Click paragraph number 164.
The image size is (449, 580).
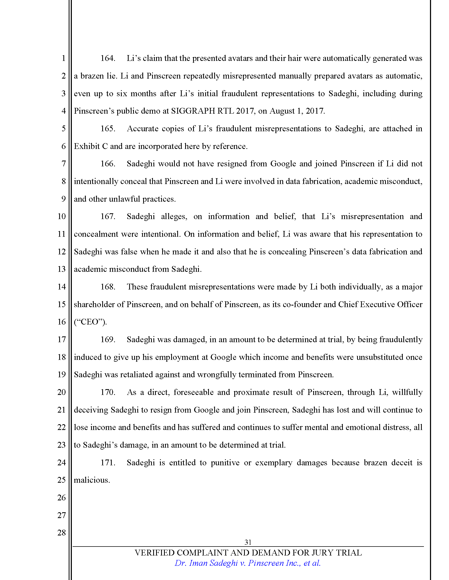pos(107,58)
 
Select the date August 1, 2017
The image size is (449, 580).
pos(297,111)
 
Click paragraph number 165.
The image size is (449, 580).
pos(107,129)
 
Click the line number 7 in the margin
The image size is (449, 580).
pos(64,164)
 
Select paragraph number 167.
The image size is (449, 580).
pos(107,216)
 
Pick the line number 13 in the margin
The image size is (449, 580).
pos(62,269)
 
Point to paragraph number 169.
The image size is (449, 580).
pos(107,339)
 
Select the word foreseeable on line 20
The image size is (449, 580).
pos(193,392)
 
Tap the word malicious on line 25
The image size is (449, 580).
pos(91,480)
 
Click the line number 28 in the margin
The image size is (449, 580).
pos(62,533)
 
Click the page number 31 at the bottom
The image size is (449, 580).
pos(248,542)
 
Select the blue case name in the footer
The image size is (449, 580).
pos(247,563)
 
